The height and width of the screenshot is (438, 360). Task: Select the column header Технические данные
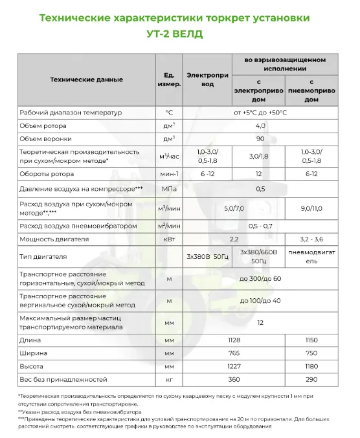click(86, 80)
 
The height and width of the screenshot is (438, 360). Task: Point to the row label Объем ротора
click(43, 126)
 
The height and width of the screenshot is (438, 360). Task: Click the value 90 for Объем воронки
click(260, 139)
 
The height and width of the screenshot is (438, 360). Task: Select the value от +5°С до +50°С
click(260, 113)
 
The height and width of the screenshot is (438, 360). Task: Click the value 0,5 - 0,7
click(260, 226)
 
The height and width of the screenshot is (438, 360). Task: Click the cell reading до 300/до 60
click(260, 278)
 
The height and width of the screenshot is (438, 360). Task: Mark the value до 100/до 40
click(260, 300)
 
